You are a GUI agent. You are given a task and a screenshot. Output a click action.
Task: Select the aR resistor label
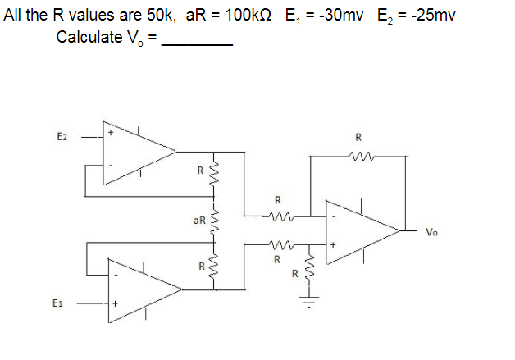(199, 221)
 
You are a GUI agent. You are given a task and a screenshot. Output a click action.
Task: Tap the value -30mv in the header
(336, 16)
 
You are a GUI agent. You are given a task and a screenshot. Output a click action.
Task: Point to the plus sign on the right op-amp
(333, 244)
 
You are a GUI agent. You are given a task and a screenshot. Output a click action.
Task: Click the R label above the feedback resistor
(358, 137)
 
